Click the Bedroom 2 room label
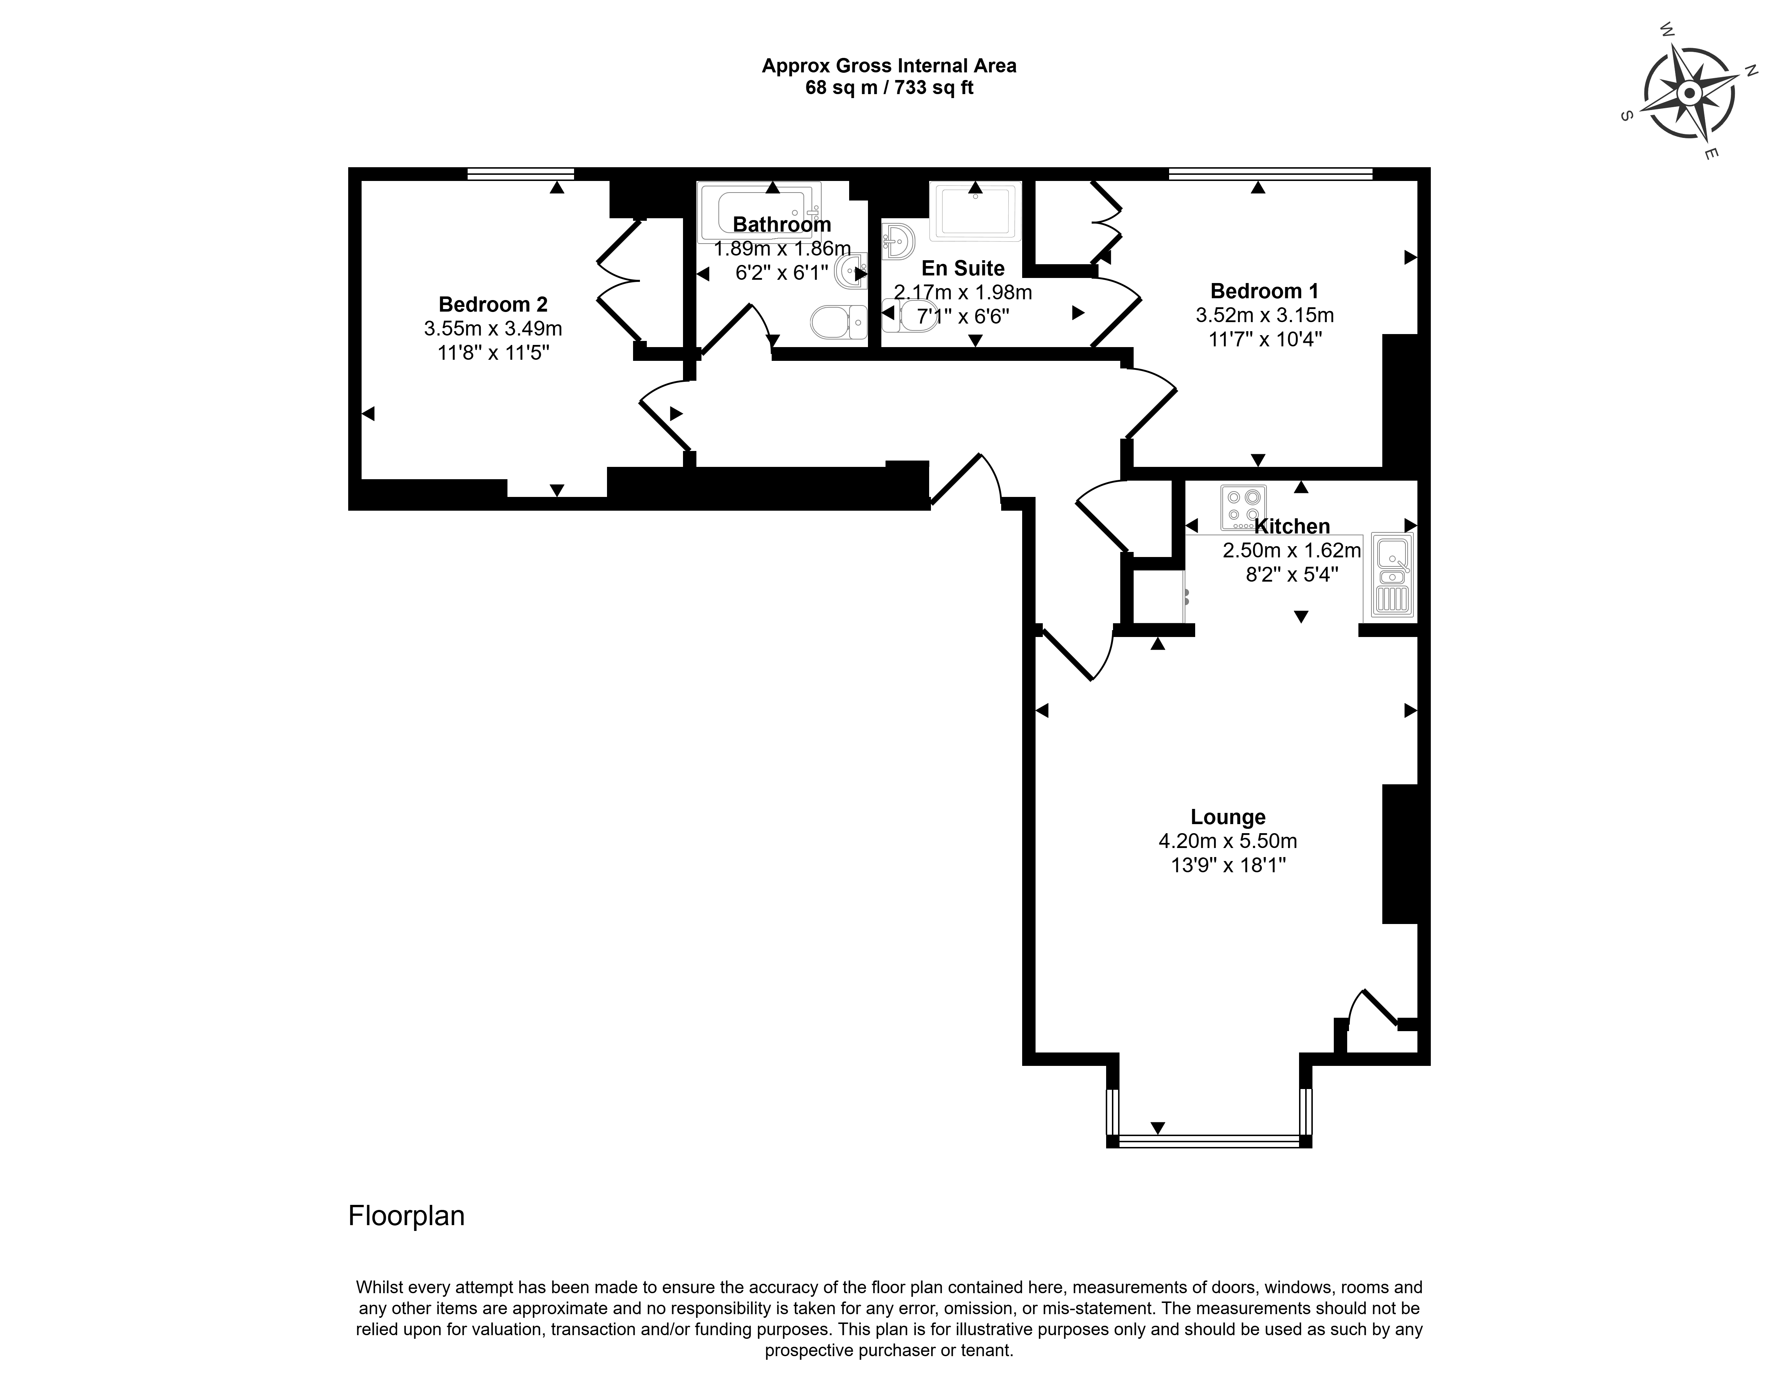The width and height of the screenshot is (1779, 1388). pos(493,305)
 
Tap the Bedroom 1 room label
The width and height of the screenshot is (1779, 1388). pos(1264,291)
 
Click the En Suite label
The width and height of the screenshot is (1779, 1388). pos(963,268)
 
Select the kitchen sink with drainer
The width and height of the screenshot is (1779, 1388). pos(1393,574)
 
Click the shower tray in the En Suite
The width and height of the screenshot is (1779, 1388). pos(975,212)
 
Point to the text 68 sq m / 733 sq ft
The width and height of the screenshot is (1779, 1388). pos(890,88)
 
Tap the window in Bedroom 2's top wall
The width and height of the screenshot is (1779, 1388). pos(520,173)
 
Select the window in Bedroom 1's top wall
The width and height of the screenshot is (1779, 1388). pos(1270,173)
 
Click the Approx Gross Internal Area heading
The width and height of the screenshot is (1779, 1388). pos(890,66)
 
